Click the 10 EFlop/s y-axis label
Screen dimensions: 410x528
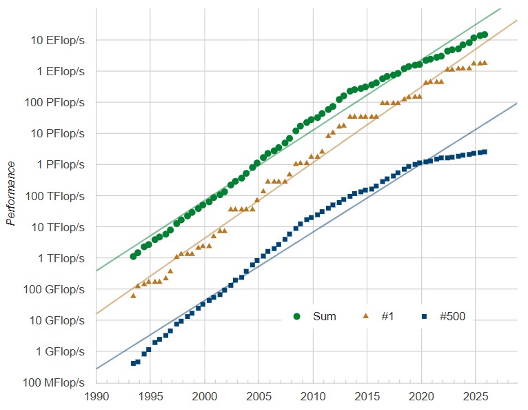pos(58,41)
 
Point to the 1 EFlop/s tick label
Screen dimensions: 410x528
pos(61,72)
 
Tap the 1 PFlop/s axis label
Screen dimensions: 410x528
pos(61,165)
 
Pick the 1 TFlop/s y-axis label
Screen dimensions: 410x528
pos(61,258)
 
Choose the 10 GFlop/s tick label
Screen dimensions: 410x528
pos(58,320)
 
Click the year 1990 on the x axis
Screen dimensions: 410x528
pos(97,398)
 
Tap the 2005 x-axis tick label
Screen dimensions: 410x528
pos(258,398)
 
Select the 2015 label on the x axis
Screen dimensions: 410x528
pos(367,398)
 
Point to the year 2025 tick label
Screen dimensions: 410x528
pos(475,398)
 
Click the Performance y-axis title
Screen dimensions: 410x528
pos(12,193)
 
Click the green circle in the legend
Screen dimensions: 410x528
pos(298,317)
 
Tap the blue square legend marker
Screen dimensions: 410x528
pos(425,317)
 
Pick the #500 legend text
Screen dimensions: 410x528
pos(453,317)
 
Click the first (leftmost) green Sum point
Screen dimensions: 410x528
pos(133,257)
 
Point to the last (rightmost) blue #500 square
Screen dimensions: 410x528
pos(485,152)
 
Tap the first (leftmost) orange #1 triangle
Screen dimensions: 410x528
pos(133,295)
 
